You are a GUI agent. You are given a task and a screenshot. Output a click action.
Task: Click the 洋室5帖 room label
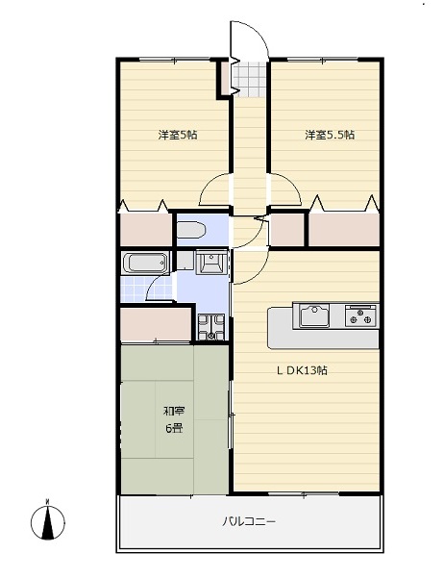(x=178, y=135)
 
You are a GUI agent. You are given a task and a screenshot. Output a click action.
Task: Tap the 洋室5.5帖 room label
(x=330, y=135)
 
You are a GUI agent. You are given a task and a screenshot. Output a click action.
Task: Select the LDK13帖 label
(x=302, y=370)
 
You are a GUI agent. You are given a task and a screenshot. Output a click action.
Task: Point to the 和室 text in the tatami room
(x=174, y=411)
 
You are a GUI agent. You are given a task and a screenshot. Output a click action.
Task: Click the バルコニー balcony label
(x=248, y=522)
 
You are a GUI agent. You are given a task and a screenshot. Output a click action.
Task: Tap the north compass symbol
(x=48, y=520)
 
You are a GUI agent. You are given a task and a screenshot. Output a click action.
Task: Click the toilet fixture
(x=191, y=230)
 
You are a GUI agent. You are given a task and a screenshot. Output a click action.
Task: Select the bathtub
(x=145, y=263)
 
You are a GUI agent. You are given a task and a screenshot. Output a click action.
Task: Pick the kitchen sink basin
(x=314, y=315)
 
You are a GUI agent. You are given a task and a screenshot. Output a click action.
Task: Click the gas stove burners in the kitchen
(x=361, y=315)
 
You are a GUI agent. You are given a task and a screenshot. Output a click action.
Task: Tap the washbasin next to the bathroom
(x=211, y=262)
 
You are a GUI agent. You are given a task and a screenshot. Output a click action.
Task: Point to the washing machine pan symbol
(x=211, y=327)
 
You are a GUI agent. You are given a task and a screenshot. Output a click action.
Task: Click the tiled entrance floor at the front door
(x=250, y=79)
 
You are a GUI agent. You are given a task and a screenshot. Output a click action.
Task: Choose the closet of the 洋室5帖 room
(x=146, y=229)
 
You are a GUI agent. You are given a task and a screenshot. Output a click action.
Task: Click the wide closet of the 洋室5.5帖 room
(x=344, y=229)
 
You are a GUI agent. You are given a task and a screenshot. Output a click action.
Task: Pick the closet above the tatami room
(x=156, y=324)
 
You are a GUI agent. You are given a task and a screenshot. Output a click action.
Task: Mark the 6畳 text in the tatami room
(x=174, y=428)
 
